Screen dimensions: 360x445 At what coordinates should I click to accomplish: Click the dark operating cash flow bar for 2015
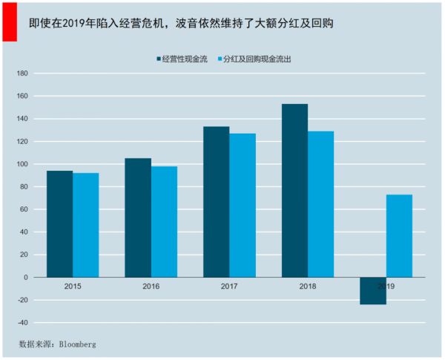pos(59,223)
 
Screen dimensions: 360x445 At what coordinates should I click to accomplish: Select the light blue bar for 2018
pos(320,204)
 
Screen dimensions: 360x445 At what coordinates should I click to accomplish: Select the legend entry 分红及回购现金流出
pos(257,58)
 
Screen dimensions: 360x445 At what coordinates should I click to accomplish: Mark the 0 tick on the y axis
pos(26,278)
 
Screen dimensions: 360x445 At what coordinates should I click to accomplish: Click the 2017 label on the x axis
pos(229,286)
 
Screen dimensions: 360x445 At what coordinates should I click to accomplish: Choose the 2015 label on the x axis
pos(73,286)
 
